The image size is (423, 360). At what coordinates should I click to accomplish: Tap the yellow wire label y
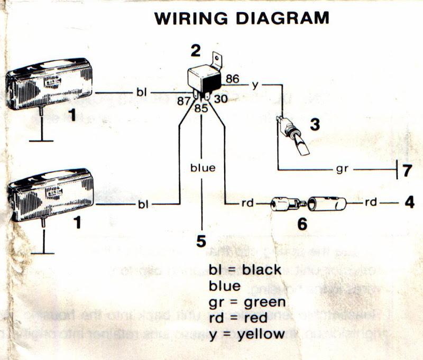(255, 85)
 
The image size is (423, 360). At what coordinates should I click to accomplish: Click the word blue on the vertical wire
(203, 168)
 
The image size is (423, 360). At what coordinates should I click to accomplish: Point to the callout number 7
(407, 171)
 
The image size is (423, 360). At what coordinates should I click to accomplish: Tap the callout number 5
(201, 241)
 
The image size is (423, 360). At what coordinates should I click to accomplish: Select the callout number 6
(302, 224)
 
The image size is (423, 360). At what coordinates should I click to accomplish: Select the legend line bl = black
(245, 270)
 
